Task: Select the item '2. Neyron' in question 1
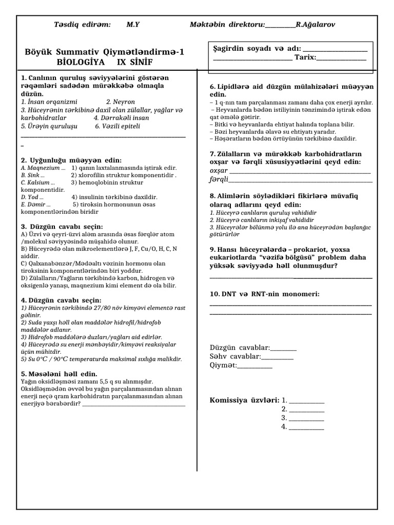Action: point(121,102)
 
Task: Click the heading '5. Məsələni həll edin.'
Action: point(59,374)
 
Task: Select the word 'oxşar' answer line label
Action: point(219,170)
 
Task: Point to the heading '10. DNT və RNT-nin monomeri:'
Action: point(265,294)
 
